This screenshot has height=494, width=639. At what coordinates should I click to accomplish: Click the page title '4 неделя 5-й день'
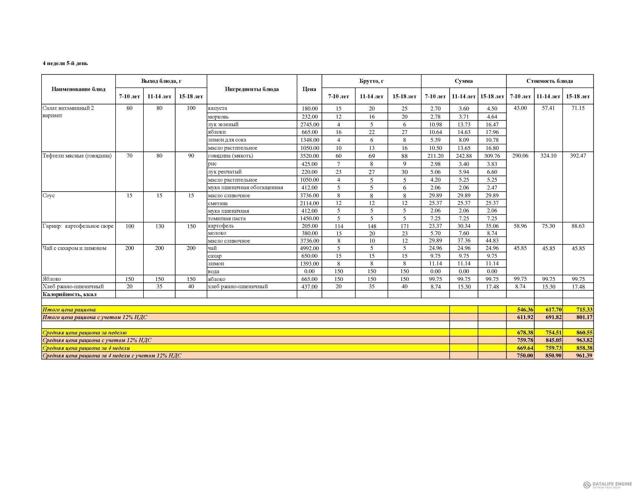click(65, 64)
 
